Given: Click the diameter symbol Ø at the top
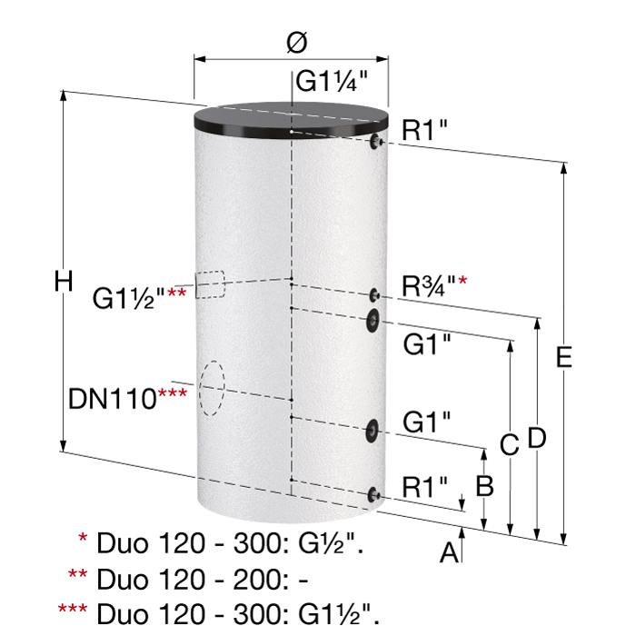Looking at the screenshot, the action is tap(297, 42).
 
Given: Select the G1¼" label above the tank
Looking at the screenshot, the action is tap(332, 81).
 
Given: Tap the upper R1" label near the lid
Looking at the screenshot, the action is tap(424, 130).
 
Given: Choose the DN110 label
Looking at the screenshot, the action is tap(113, 399).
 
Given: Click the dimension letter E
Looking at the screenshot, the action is tap(564, 357).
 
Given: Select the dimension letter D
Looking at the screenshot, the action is tap(537, 438).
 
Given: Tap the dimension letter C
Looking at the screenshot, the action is tap(510, 444).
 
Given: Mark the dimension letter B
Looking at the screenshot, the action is tap(484, 485).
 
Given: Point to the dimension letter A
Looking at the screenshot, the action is tap(449, 552).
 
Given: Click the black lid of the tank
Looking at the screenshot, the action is tap(292, 120).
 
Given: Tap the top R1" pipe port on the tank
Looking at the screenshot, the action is tap(375, 141).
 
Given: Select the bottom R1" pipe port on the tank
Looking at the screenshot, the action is tap(373, 494).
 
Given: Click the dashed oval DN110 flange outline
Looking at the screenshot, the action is tap(212, 388).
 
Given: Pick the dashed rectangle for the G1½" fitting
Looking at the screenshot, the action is tap(211, 284).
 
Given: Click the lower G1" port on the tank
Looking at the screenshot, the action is tap(372, 431).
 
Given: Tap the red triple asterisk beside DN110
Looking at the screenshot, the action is tap(173, 393).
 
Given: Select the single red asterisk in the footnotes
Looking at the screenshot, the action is tap(83, 538).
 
